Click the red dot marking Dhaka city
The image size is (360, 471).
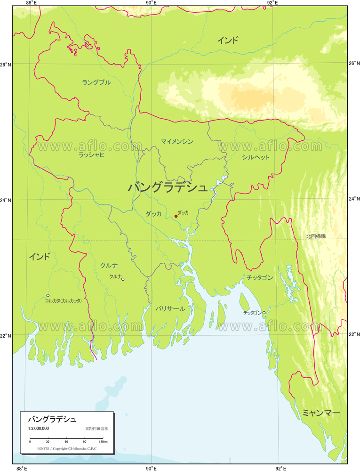point(176,216)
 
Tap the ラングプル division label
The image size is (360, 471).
point(96,82)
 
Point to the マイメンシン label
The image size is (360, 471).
point(176,141)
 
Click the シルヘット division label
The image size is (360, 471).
point(256,157)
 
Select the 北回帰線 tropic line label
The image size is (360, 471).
point(316,236)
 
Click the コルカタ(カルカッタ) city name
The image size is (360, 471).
point(63,300)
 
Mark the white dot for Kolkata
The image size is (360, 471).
point(48,295)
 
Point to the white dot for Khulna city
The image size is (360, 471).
point(123,279)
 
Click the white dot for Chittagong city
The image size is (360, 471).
point(264,312)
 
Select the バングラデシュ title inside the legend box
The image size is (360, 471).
point(52,419)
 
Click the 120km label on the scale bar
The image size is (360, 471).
point(103,442)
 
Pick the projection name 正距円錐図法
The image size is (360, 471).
point(96,429)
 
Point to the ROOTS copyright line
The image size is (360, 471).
point(67,448)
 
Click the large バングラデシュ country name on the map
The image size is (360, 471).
point(168,187)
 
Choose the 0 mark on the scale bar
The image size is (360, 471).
point(30,442)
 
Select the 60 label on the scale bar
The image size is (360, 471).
point(66,442)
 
